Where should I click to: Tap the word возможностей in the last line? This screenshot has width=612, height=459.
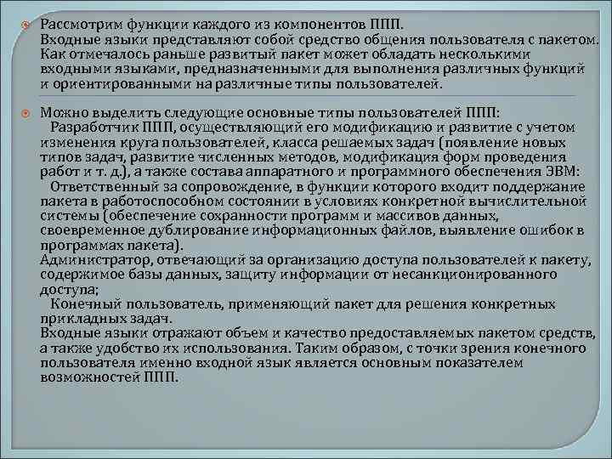pyautogui.click(x=88, y=377)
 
